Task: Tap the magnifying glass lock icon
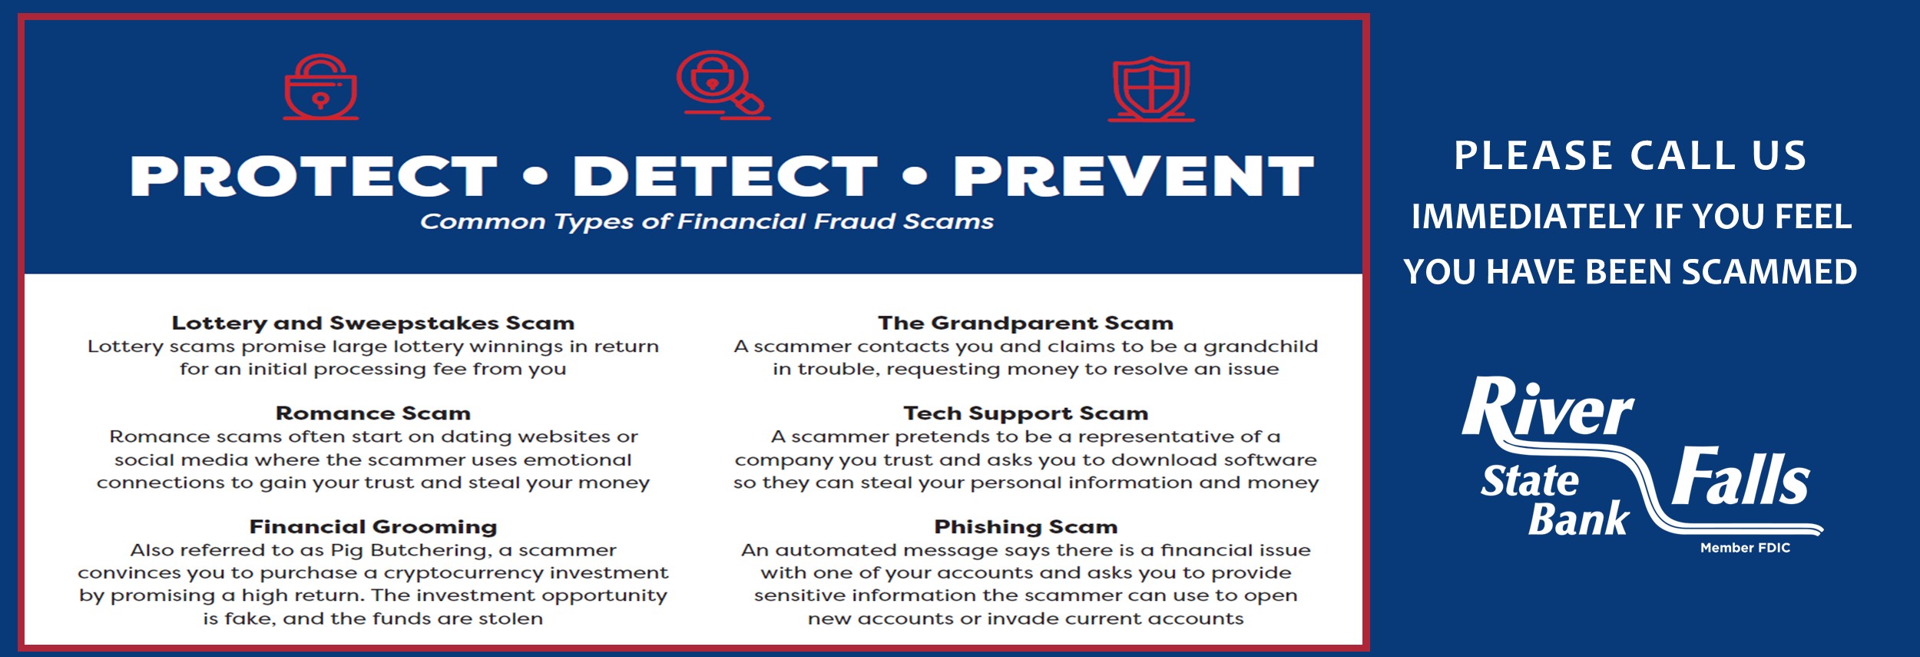click(723, 85)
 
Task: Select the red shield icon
click(1150, 88)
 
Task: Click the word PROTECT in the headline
click(313, 176)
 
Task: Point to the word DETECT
click(725, 176)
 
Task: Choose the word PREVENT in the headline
click(1134, 176)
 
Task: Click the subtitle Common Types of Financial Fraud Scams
click(707, 221)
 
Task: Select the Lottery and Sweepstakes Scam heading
click(373, 323)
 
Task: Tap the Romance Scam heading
click(373, 413)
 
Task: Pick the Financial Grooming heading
click(373, 527)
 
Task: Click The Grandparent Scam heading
click(1026, 323)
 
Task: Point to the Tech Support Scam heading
click(1026, 413)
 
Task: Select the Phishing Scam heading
click(1026, 527)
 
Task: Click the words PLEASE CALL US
click(1630, 156)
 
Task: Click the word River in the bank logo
click(1548, 408)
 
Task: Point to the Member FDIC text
click(1745, 548)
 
